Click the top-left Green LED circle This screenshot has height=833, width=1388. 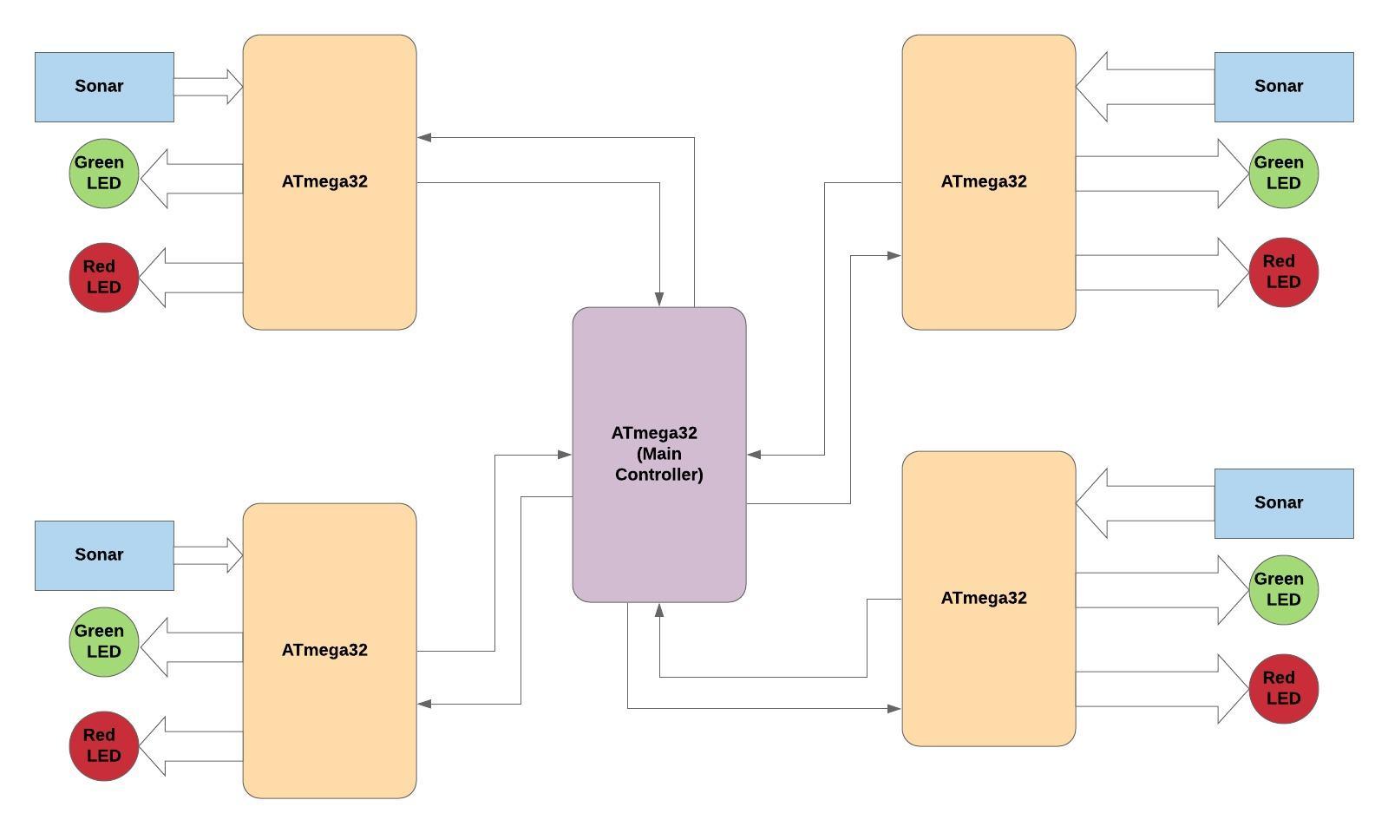tap(104, 174)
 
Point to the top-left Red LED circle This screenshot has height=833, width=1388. tap(104, 278)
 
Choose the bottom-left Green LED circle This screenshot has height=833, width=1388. tap(104, 642)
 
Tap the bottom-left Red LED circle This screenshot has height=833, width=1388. tap(104, 746)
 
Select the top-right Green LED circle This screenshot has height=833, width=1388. tap(1284, 174)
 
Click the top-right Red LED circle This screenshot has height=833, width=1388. tap(1284, 272)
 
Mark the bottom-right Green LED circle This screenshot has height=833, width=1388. tap(1284, 590)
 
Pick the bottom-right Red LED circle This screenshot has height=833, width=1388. tap(1284, 689)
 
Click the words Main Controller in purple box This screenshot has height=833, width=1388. tap(659, 464)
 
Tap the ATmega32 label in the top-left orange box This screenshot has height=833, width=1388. tap(324, 181)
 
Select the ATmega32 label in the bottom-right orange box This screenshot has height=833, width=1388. tap(984, 598)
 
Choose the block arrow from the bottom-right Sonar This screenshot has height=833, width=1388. tap(1145, 503)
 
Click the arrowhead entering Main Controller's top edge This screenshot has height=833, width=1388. tap(659, 299)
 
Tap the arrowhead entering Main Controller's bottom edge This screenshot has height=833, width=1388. tap(659, 610)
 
